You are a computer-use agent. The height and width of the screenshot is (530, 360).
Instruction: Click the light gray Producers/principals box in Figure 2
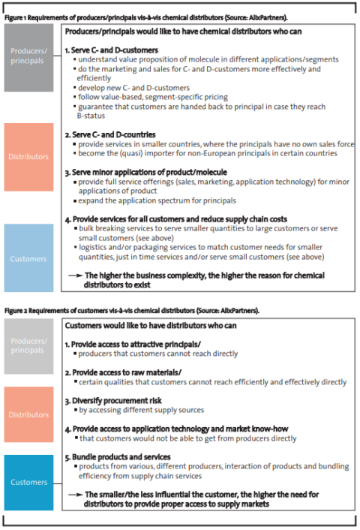point(28,346)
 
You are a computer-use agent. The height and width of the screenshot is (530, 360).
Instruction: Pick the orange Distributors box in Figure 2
point(28,414)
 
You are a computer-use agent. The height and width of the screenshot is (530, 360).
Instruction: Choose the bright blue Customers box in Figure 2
point(28,482)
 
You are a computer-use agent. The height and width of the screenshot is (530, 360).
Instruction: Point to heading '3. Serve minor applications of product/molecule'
point(142,173)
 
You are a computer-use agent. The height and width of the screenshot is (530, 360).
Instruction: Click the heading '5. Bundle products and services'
point(118,456)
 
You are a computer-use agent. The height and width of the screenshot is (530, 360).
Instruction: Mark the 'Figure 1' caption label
point(17,15)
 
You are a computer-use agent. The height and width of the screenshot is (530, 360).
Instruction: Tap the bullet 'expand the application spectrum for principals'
point(157,201)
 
